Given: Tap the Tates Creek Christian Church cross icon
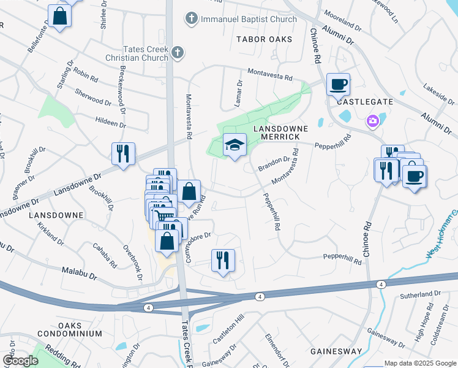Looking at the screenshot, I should point(178,52).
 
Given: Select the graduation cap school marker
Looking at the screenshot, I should point(234,145).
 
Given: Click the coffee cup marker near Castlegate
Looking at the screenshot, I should point(337,85).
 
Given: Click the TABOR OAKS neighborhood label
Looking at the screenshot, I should point(264,39).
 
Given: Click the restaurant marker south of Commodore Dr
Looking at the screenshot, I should point(222,260).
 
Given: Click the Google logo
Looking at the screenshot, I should point(20,361).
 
